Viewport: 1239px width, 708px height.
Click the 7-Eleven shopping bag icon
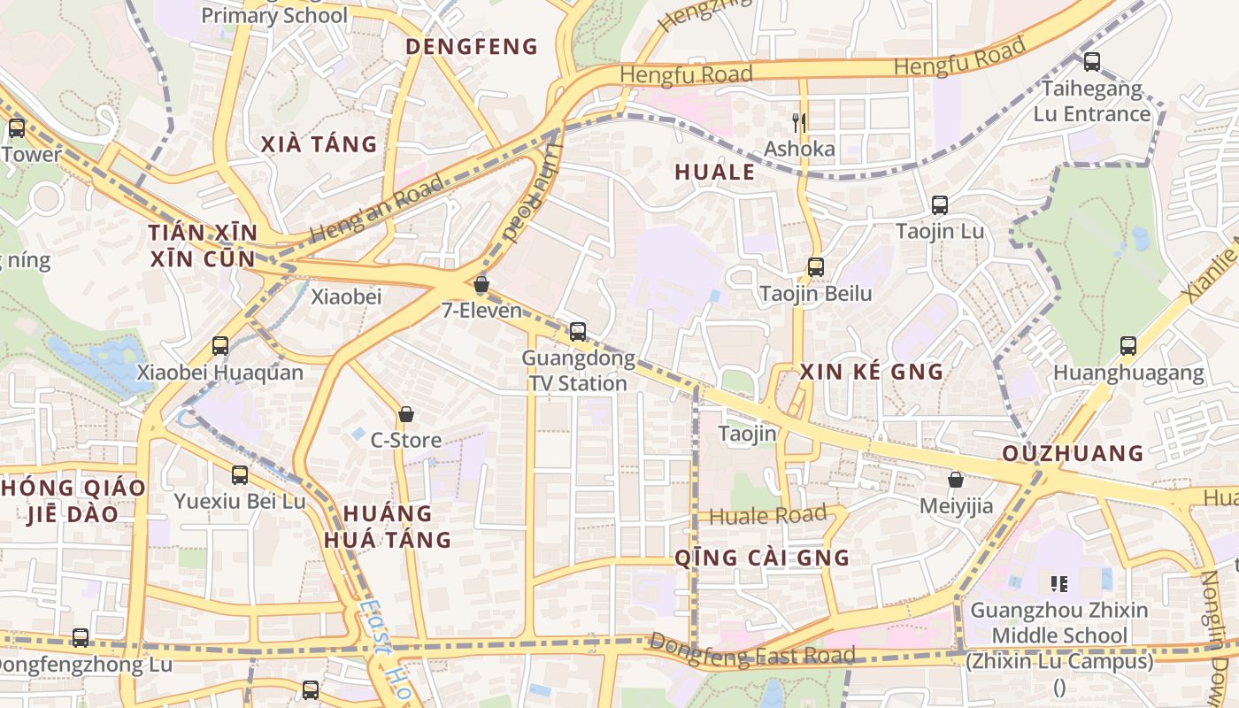coord(481,284)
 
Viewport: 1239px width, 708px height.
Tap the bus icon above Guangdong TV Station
coord(578,332)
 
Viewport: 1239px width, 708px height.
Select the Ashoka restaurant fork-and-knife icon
coord(800,122)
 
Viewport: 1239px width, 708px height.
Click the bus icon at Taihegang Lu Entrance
coord(1092,62)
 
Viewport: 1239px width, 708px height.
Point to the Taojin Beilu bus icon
coord(816,266)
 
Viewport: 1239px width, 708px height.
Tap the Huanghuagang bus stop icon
coord(1127,346)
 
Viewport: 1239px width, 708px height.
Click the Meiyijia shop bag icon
coord(956,480)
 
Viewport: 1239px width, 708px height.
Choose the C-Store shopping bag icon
coord(405,413)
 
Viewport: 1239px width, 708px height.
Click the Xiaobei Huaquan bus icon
coord(220,346)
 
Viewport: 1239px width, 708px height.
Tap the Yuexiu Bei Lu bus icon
coord(239,475)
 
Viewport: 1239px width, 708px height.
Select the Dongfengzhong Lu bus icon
coord(81,637)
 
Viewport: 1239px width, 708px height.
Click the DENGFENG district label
coord(472,47)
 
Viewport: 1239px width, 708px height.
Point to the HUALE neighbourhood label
coord(715,173)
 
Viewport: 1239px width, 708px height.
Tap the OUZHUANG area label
coord(1074,454)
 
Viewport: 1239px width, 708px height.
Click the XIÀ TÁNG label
coord(319,144)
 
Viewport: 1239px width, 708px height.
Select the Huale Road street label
coord(768,514)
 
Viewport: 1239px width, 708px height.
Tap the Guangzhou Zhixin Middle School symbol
coord(1058,583)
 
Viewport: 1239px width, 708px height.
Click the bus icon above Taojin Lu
coord(940,205)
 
